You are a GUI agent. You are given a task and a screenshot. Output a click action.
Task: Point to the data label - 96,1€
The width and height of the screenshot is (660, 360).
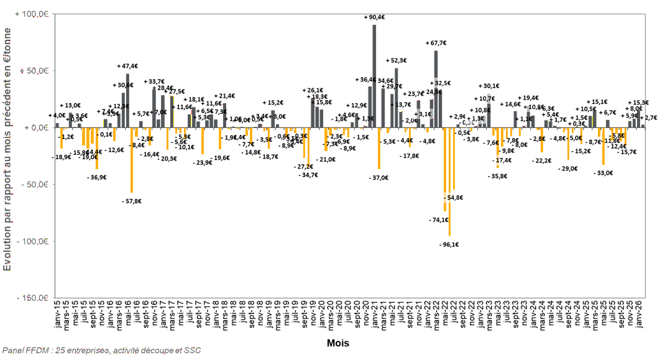click(448, 244)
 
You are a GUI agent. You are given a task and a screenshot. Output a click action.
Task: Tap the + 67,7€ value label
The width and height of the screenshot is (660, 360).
click(435, 44)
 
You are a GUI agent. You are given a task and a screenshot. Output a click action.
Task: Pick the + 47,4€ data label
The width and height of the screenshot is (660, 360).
click(127, 66)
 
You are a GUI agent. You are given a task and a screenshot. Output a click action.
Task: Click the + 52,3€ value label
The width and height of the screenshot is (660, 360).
click(396, 60)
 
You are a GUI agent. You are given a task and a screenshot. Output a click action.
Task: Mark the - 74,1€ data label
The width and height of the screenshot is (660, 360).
click(439, 220)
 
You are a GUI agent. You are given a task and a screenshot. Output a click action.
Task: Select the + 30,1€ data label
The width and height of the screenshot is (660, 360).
click(489, 86)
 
